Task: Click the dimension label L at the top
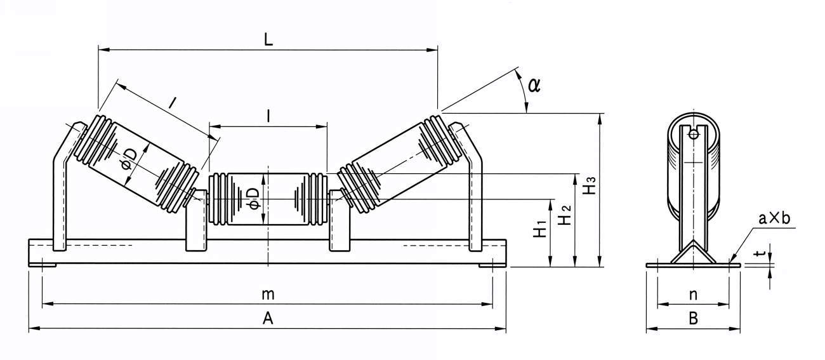(x=268, y=39)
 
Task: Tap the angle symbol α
(x=534, y=84)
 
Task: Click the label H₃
(x=590, y=185)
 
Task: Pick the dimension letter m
(x=268, y=295)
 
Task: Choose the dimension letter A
(x=268, y=319)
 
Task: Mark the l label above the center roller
(x=270, y=116)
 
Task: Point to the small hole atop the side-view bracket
(x=693, y=133)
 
